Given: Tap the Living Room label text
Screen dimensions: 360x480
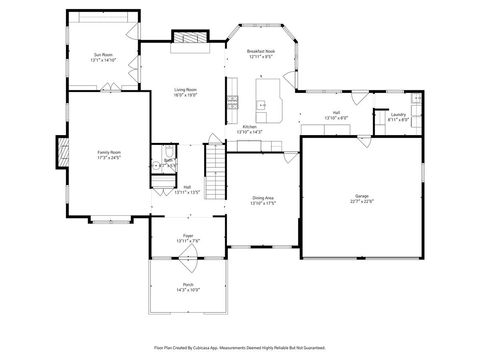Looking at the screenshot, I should (x=183, y=89).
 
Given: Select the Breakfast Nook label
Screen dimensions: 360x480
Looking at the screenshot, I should (x=262, y=53).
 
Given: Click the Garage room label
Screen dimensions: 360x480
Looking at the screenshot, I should (x=361, y=194).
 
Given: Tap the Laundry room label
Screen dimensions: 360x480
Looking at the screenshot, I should (x=397, y=115).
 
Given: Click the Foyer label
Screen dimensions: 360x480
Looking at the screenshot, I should (x=187, y=236).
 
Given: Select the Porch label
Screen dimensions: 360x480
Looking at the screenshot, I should (x=187, y=284).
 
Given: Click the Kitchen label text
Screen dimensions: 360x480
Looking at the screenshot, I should (x=249, y=126).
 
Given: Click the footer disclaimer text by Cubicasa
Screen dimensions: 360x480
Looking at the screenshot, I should (x=240, y=347).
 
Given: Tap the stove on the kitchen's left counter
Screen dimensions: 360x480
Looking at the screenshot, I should (x=232, y=101).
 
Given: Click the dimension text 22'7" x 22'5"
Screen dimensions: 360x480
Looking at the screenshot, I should (x=361, y=200).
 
